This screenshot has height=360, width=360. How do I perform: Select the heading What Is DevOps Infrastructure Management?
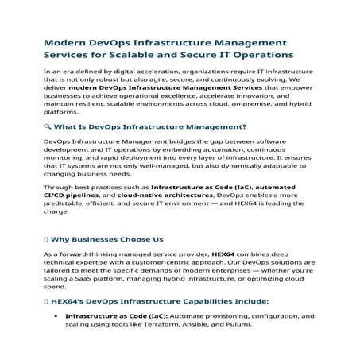(151, 126)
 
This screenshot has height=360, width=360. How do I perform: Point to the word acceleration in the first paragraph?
(157, 72)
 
